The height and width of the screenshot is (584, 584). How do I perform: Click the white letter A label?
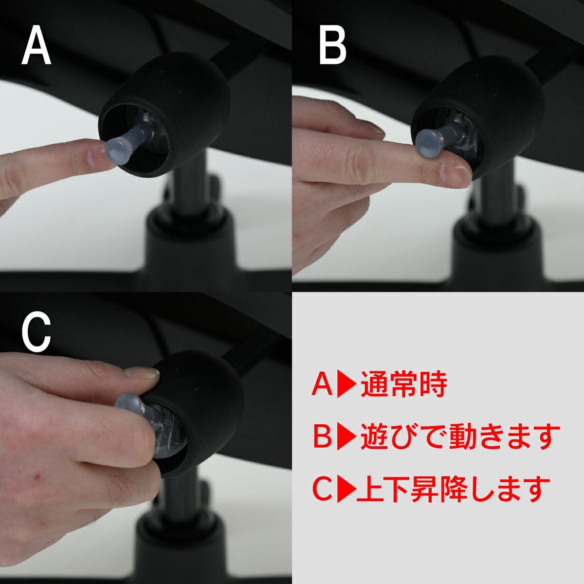(36, 46)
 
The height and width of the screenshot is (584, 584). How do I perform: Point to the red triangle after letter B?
(347, 437)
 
